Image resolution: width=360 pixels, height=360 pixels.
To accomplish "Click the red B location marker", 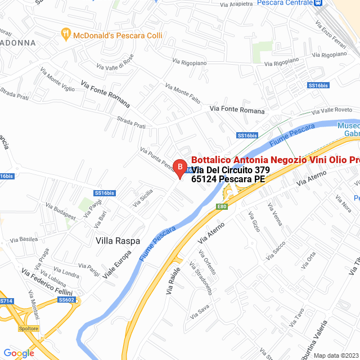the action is [179, 167].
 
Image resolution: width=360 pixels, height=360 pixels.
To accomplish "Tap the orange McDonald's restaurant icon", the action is [66, 35].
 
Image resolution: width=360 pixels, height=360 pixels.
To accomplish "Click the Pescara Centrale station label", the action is [284, 3].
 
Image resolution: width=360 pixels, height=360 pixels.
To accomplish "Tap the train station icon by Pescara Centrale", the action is [318, 3].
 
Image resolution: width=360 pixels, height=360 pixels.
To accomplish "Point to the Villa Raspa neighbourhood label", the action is [118, 241].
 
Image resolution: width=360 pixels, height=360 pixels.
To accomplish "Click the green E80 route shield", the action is [222, 206].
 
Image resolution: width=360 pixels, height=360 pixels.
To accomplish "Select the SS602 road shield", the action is [66, 300].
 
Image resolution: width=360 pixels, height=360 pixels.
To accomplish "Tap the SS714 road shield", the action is [6, 301].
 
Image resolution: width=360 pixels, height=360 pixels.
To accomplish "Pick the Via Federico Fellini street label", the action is [47, 281].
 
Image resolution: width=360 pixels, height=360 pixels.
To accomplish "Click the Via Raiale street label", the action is [172, 282].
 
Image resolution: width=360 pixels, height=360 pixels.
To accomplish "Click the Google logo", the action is [19, 353].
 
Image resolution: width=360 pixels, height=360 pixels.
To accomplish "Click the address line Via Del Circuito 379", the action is [231, 170].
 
